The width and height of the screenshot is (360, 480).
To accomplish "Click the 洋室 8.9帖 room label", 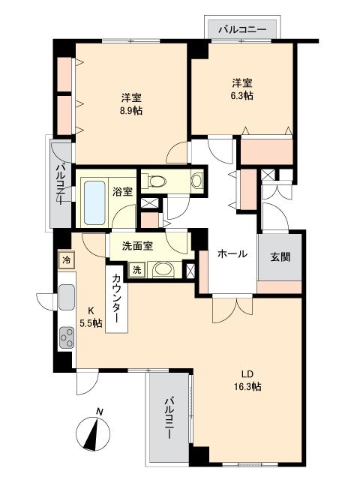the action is [x=131, y=104].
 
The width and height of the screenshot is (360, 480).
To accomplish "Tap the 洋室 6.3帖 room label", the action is [x=241, y=89].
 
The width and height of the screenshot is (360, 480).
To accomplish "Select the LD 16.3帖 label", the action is [x=247, y=380].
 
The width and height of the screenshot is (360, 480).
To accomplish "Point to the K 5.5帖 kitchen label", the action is [x=91, y=316].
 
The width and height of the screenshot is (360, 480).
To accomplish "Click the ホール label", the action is [x=232, y=253].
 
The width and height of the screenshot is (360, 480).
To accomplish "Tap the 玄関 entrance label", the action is [x=280, y=256].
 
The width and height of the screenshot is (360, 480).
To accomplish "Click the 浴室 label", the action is [x=122, y=192].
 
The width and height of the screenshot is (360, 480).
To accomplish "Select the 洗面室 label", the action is [x=137, y=246].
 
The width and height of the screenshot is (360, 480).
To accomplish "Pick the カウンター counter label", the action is [x=117, y=298].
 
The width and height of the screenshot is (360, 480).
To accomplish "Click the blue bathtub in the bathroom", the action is [x=94, y=202].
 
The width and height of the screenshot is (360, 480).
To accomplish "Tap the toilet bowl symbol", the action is [x=157, y=181].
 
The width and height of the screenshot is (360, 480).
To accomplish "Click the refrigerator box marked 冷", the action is [x=66, y=260].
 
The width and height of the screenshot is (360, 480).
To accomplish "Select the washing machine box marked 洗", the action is [x=136, y=270].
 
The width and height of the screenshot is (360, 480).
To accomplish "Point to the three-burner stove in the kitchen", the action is [x=67, y=337].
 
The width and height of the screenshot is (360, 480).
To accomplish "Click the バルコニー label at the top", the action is [x=242, y=30].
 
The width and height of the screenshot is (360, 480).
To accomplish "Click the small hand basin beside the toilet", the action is [x=197, y=180].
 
